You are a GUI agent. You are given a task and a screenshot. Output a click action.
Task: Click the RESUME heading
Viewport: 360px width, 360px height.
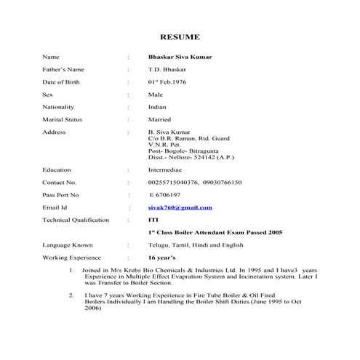coord(180,37)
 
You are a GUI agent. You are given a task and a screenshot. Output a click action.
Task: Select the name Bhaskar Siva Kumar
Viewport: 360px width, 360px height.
coord(180,57)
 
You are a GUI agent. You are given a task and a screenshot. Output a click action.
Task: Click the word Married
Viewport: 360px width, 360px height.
coord(160,119)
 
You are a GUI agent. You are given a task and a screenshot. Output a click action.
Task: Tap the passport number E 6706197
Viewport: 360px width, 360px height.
coord(166,195)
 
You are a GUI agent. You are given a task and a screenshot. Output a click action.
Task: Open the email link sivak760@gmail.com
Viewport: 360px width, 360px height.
coord(180,207)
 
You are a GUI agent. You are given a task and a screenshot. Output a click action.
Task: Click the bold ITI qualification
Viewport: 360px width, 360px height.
coord(153,220)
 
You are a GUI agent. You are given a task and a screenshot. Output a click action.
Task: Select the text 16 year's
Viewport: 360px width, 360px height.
coord(162,257)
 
